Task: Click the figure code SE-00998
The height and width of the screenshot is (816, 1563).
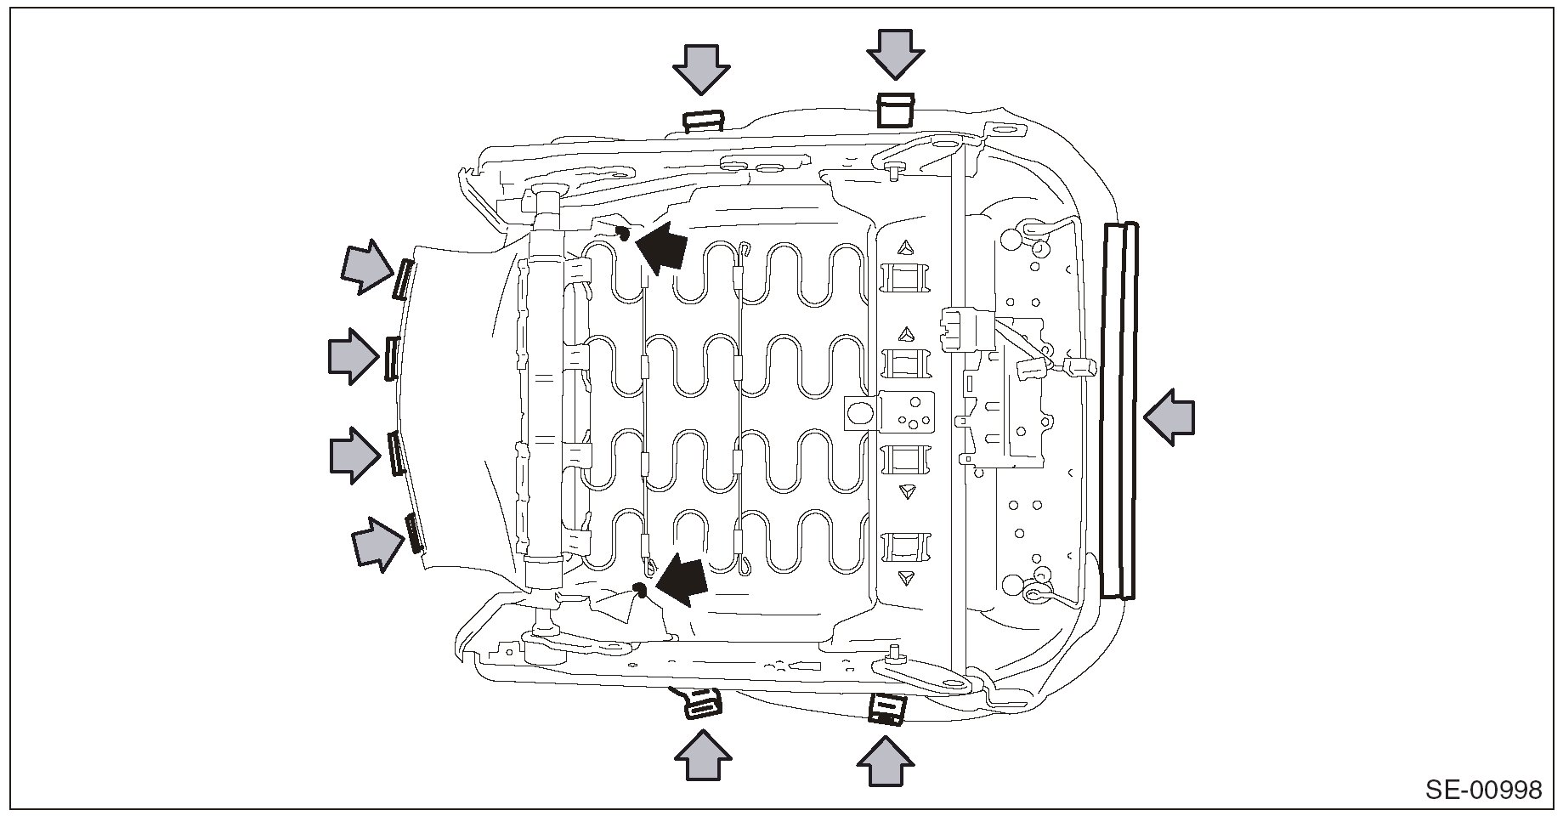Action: (x=1483, y=790)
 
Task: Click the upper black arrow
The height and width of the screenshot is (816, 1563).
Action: (x=661, y=246)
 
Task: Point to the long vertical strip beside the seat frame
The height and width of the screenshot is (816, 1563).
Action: (x=1118, y=411)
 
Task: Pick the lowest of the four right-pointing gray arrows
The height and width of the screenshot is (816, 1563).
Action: (x=377, y=543)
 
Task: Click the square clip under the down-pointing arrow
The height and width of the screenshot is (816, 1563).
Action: (x=894, y=110)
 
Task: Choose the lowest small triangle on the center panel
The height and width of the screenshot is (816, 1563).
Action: (x=907, y=578)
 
